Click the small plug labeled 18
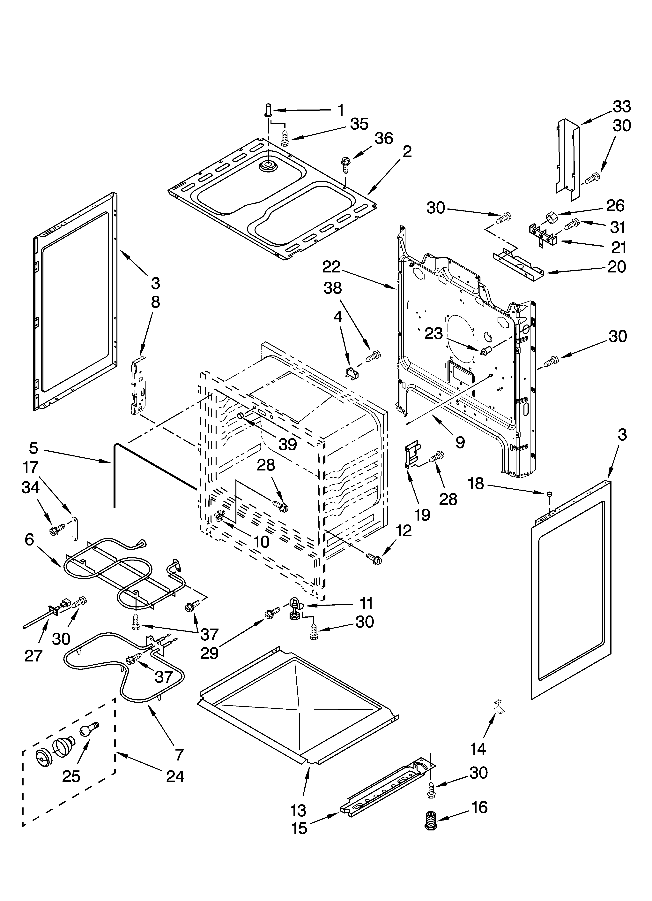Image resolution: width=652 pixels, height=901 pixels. coord(550,494)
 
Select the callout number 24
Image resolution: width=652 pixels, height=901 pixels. coord(175,776)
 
